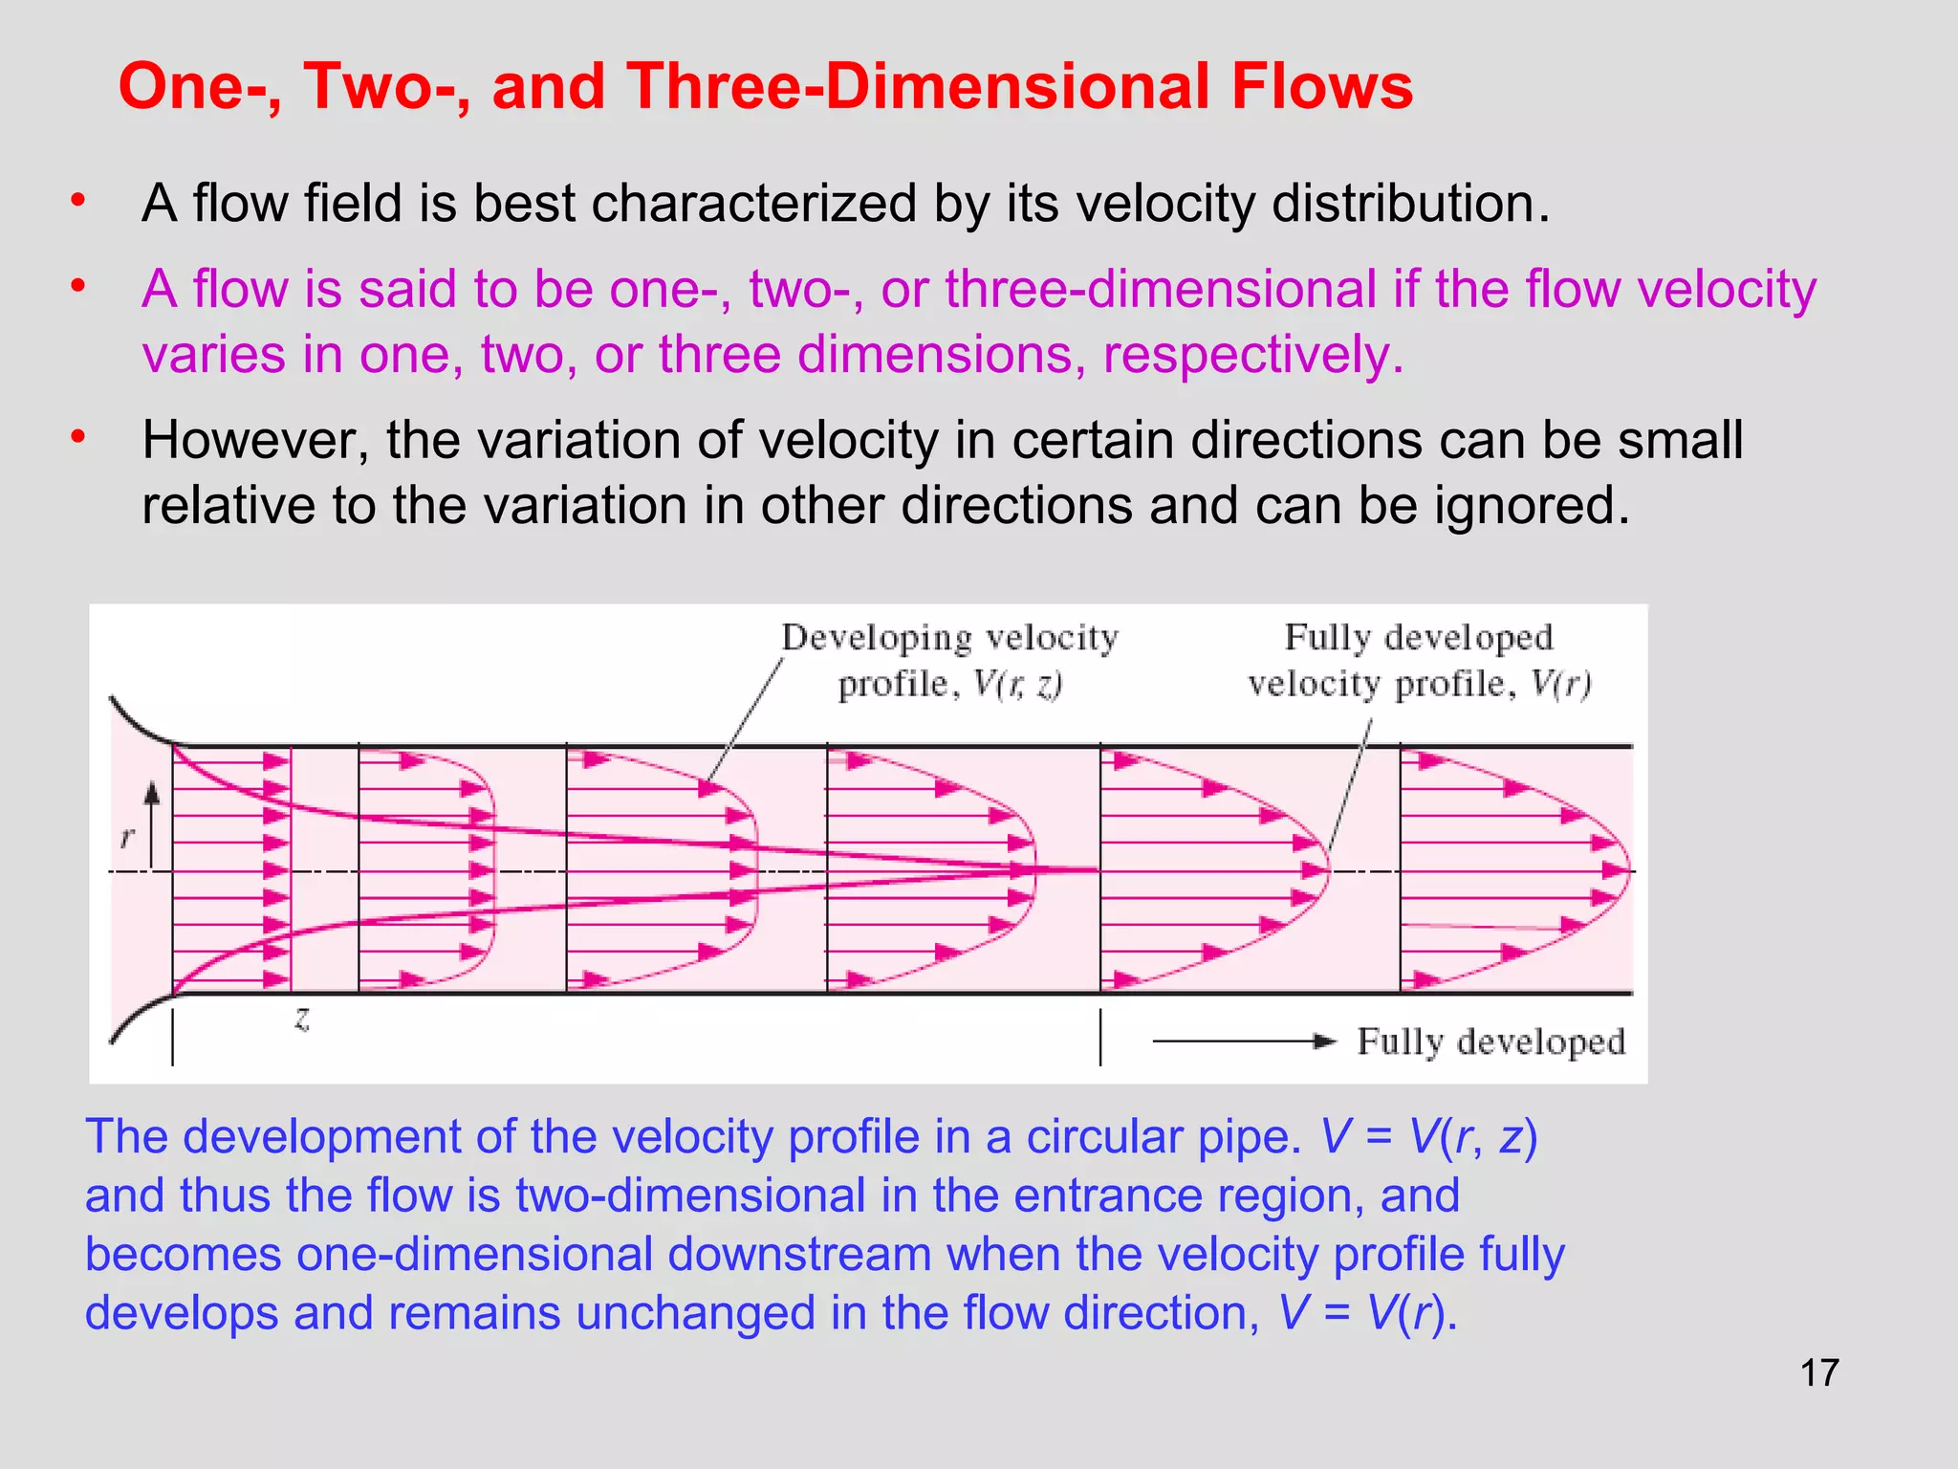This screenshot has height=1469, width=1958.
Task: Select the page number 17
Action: point(1818,1373)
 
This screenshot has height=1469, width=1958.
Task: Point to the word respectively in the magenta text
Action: point(1252,355)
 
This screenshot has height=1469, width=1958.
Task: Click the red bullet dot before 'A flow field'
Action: point(78,201)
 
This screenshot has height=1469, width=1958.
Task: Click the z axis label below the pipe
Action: point(302,1019)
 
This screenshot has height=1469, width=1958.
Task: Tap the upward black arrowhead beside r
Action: point(152,793)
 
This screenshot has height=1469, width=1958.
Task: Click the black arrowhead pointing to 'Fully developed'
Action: point(1325,1041)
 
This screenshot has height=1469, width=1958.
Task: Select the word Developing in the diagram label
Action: point(876,637)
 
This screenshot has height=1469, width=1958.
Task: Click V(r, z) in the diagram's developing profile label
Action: point(1018,684)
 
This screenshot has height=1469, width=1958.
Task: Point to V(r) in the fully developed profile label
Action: point(1560,684)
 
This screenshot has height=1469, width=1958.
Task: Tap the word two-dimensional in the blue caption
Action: point(690,1196)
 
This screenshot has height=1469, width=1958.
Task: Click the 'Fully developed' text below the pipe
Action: point(1490,1041)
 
